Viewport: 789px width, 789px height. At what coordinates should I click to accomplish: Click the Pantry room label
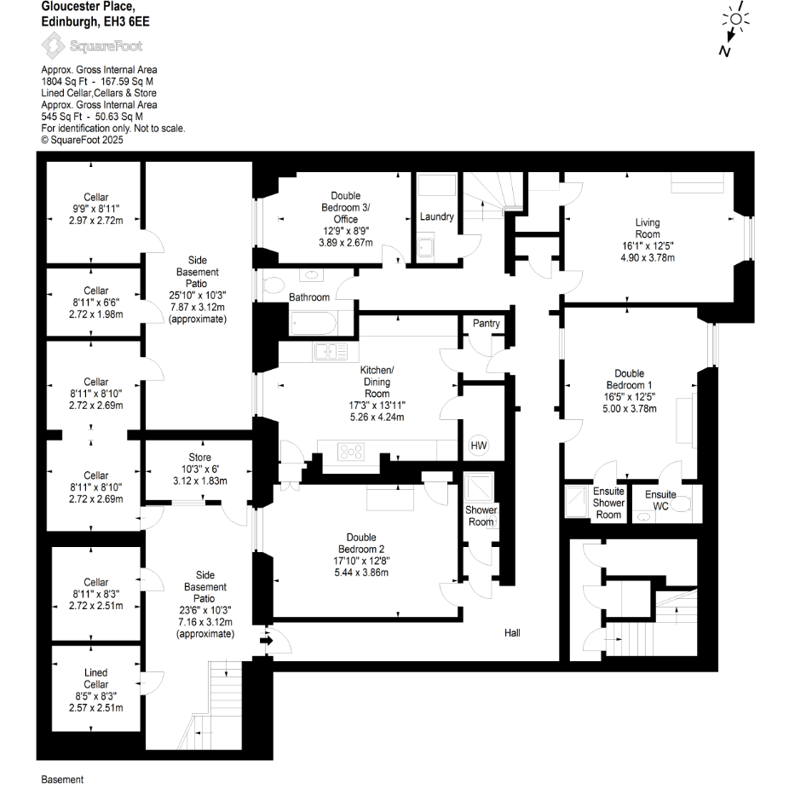(x=486, y=324)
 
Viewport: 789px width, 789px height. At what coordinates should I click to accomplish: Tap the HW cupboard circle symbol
(x=478, y=446)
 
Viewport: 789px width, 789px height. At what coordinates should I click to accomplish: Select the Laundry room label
(x=436, y=216)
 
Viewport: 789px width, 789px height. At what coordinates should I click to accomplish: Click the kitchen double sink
(x=331, y=350)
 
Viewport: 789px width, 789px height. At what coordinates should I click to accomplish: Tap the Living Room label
(x=648, y=228)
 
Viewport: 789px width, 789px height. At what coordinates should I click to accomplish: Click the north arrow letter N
(x=724, y=52)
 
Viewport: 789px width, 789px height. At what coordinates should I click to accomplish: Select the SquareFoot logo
(x=93, y=46)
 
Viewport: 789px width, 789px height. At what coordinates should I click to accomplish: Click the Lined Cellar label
(x=96, y=678)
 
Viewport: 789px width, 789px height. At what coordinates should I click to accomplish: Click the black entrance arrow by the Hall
(x=265, y=640)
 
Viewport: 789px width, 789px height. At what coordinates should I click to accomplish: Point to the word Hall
(x=512, y=633)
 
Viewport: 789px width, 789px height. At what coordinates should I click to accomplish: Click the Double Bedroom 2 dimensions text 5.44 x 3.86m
(x=361, y=572)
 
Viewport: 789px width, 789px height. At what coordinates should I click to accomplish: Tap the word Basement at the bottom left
(x=62, y=780)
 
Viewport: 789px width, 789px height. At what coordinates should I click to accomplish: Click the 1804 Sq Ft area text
(x=64, y=82)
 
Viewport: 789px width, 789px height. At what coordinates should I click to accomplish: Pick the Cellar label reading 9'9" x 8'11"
(x=96, y=209)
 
